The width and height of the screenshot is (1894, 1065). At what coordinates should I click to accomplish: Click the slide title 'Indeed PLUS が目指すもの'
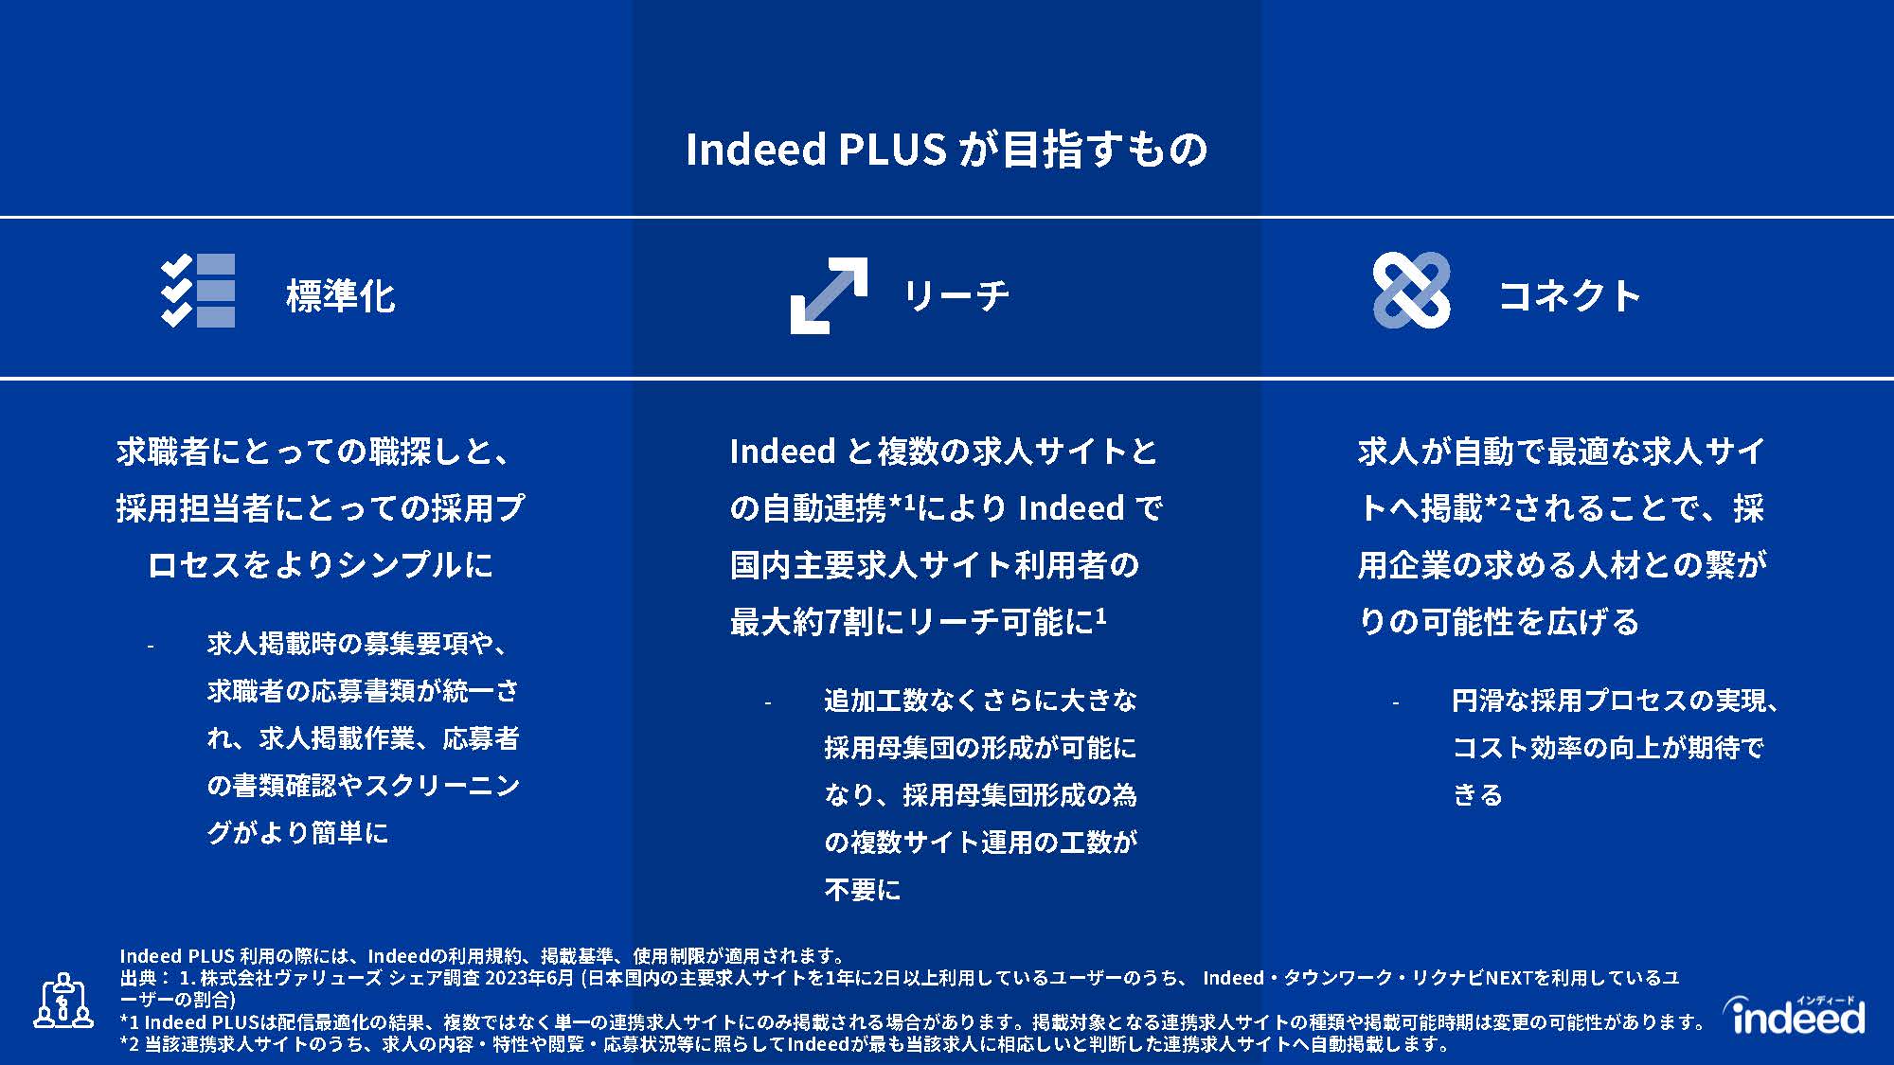(946, 150)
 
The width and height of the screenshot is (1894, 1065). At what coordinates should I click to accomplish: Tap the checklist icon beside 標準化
(198, 291)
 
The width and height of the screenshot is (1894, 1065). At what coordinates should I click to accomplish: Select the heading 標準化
(340, 295)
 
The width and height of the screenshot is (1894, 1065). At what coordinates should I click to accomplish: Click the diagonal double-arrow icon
(829, 295)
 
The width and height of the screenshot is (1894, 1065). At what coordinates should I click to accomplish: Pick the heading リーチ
(956, 295)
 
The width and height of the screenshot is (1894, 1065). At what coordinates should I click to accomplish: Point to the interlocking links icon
(1411, 291)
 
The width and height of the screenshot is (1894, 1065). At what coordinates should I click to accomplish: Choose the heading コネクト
(1569, 295)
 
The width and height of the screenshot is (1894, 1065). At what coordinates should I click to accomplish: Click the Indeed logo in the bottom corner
(1794, 1014)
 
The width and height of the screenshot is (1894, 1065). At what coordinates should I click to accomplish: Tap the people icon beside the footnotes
(63, 1001)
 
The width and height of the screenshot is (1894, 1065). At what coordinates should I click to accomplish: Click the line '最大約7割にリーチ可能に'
(918, 621)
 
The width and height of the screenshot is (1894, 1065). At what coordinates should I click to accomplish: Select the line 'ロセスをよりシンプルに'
(320, 565)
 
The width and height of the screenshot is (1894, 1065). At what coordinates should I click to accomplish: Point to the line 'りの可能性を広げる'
(1498, 622)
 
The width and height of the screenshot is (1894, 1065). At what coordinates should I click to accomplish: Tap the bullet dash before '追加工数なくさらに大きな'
(767, 703)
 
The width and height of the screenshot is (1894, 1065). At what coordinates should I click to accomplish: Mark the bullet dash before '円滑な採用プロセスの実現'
(1395, 703)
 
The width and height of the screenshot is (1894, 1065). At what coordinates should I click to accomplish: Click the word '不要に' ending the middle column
(862, 890)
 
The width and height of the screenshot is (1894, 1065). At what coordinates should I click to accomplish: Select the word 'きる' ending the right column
(1477, 795)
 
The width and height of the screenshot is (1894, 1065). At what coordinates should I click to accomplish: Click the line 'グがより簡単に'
(297, 833)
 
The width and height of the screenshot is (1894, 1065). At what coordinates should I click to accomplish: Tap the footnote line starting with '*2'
(785, 1044)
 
